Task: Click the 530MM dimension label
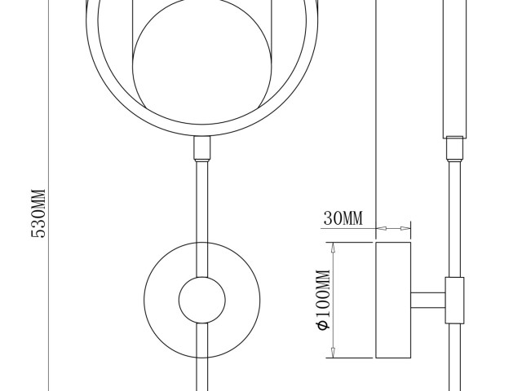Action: (x=38, y=213)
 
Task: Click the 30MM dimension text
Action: (x=343, y=218)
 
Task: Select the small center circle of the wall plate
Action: (x=202, y=301)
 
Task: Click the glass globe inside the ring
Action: (x=202, y=64)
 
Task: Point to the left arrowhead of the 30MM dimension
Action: (x=381, y=228)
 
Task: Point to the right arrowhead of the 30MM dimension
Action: (x=405, y=228)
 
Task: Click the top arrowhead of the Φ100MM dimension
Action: (x=333, y=248)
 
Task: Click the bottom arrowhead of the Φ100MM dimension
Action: (x=333, y=353)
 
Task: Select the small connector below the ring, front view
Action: (x=202, y=148)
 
